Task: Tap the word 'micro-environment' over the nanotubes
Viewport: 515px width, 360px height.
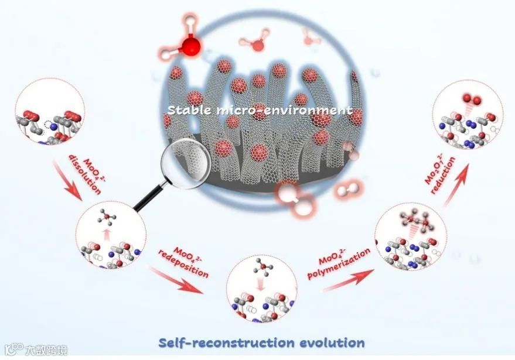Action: point(281,110)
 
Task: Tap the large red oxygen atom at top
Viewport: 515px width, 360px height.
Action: point(190,47)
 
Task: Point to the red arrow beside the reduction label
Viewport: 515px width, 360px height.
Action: point(461,185)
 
